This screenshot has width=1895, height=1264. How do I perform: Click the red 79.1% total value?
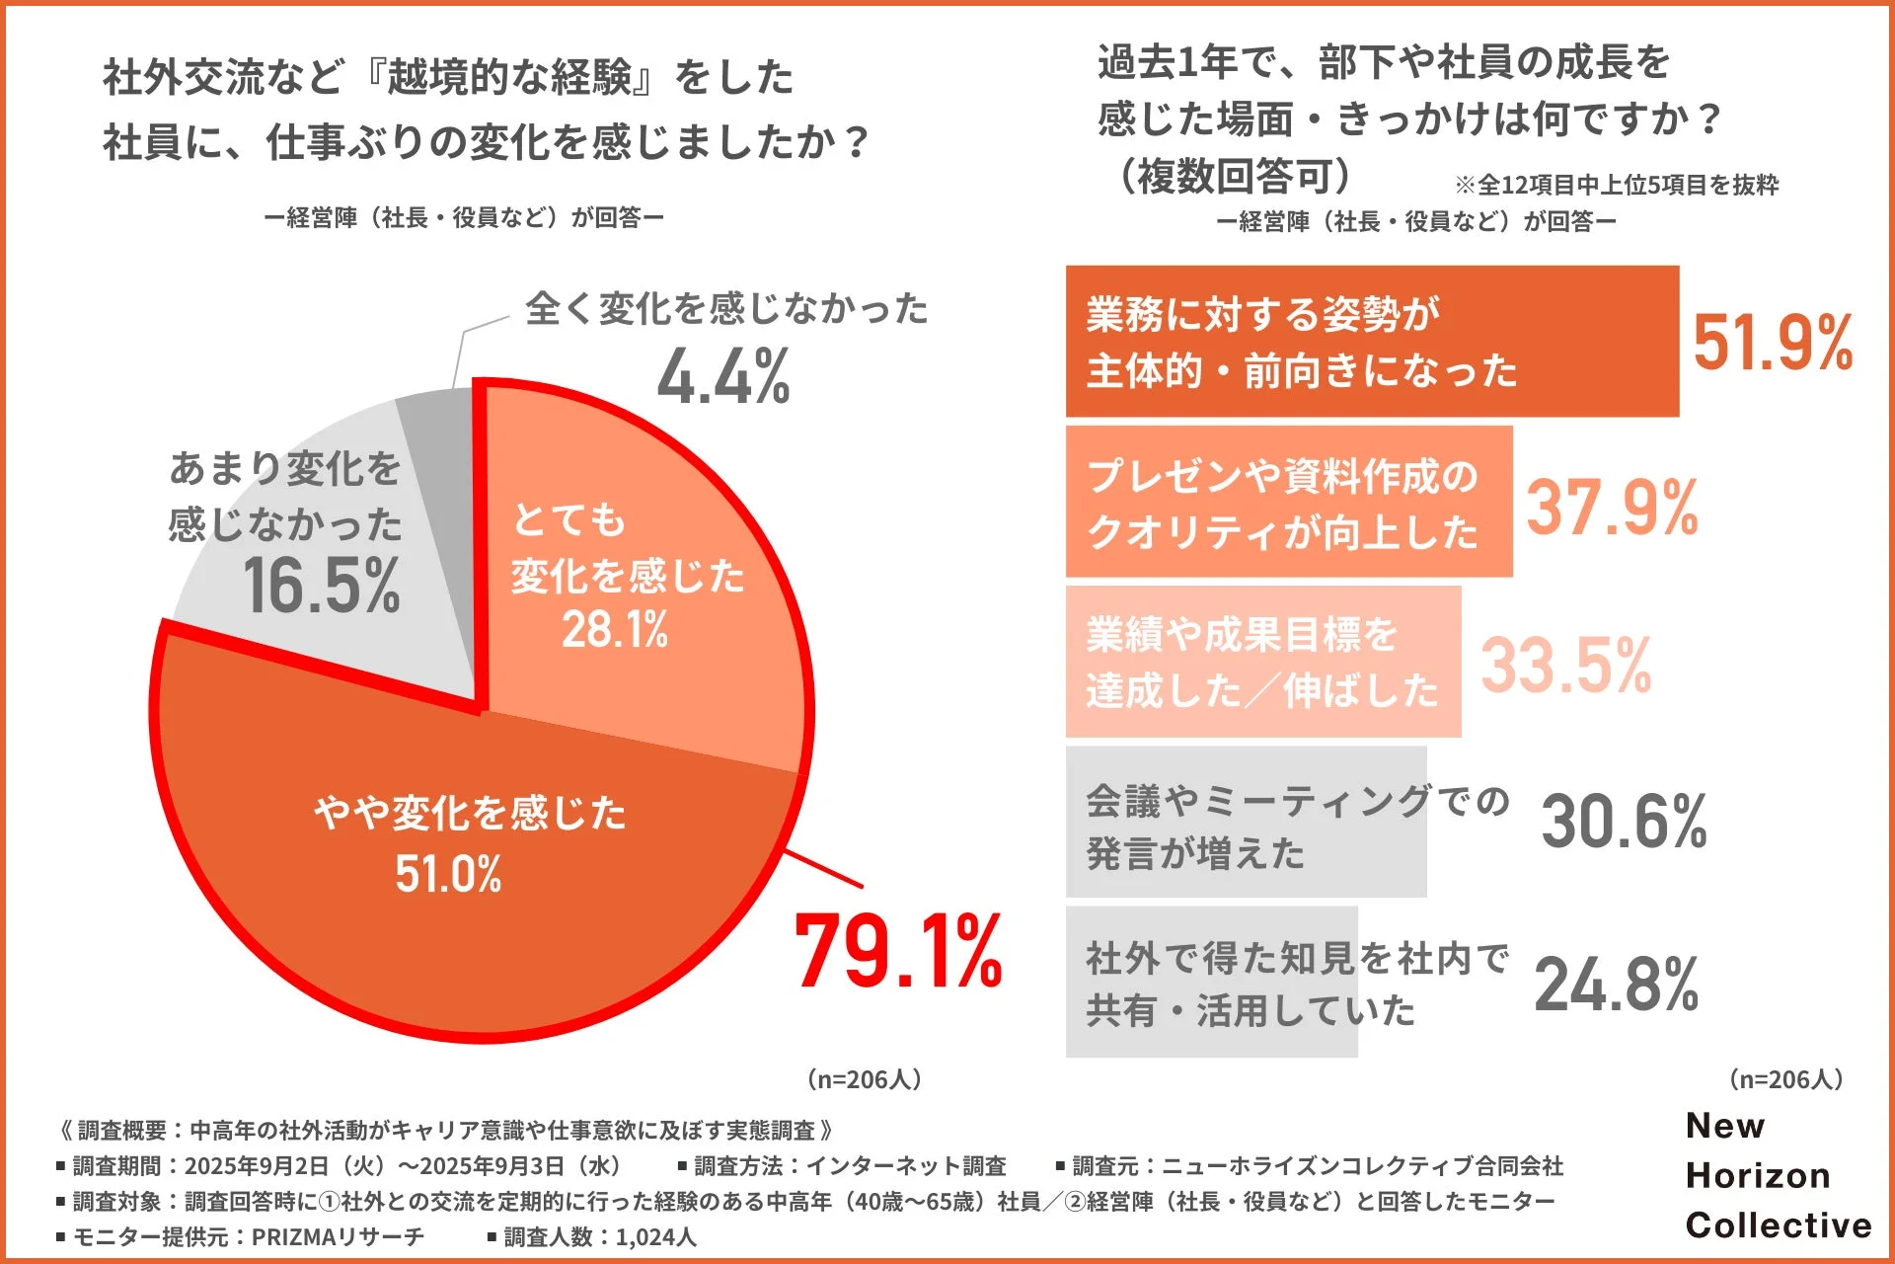[897, 952]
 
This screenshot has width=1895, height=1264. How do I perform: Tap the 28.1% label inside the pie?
[614, 629]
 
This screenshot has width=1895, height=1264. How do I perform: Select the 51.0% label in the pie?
[448, 874]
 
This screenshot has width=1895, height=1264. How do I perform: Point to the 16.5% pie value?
[321, 586]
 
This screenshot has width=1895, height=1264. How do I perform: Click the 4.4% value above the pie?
[723, 377]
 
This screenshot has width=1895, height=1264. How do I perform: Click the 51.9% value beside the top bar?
[1773, 343]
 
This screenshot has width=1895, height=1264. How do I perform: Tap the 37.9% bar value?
[1612, 508]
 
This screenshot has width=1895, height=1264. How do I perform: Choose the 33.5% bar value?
[1565, 665]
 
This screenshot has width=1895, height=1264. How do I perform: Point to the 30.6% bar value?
[1624, 822]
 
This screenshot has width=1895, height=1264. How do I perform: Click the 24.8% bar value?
[1616, 985]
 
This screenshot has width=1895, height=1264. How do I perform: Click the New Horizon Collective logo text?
[1777, 1175]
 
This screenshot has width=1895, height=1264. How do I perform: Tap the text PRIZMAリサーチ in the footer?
[338, 1236]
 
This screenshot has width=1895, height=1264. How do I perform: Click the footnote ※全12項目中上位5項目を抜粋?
[1616, 185]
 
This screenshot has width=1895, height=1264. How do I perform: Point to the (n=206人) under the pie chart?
[865, 1078]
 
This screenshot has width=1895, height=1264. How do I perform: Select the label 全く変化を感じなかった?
[726, 309]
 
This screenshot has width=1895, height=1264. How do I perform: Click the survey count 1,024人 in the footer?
[655, 1236]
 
